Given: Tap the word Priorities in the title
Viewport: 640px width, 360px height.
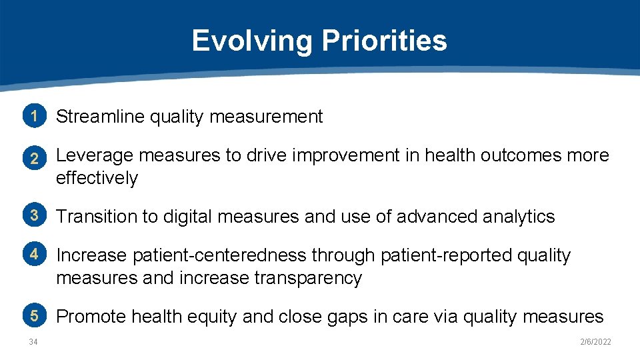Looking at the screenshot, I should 385,41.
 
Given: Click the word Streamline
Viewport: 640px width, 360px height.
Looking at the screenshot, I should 100,117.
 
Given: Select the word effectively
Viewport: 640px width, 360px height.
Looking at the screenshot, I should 97,178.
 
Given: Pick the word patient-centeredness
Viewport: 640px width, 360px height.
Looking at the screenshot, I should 220,255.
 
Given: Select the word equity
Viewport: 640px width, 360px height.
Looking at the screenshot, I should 211,317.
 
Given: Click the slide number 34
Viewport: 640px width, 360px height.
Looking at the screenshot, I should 33,342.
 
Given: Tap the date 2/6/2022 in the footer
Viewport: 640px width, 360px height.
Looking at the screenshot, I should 595,342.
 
